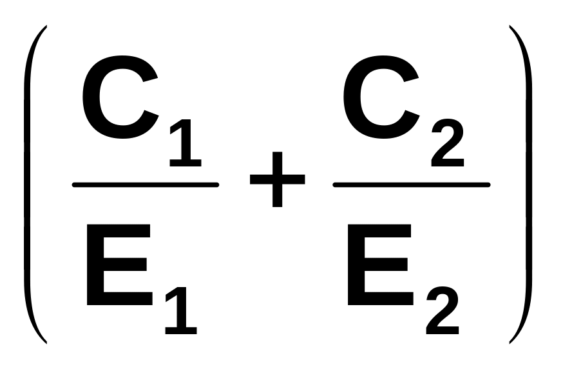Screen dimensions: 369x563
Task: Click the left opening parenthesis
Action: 28,184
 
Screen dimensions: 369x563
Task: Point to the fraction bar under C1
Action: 146,185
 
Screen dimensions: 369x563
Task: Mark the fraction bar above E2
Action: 411,185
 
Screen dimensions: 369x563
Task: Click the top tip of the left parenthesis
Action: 46,27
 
